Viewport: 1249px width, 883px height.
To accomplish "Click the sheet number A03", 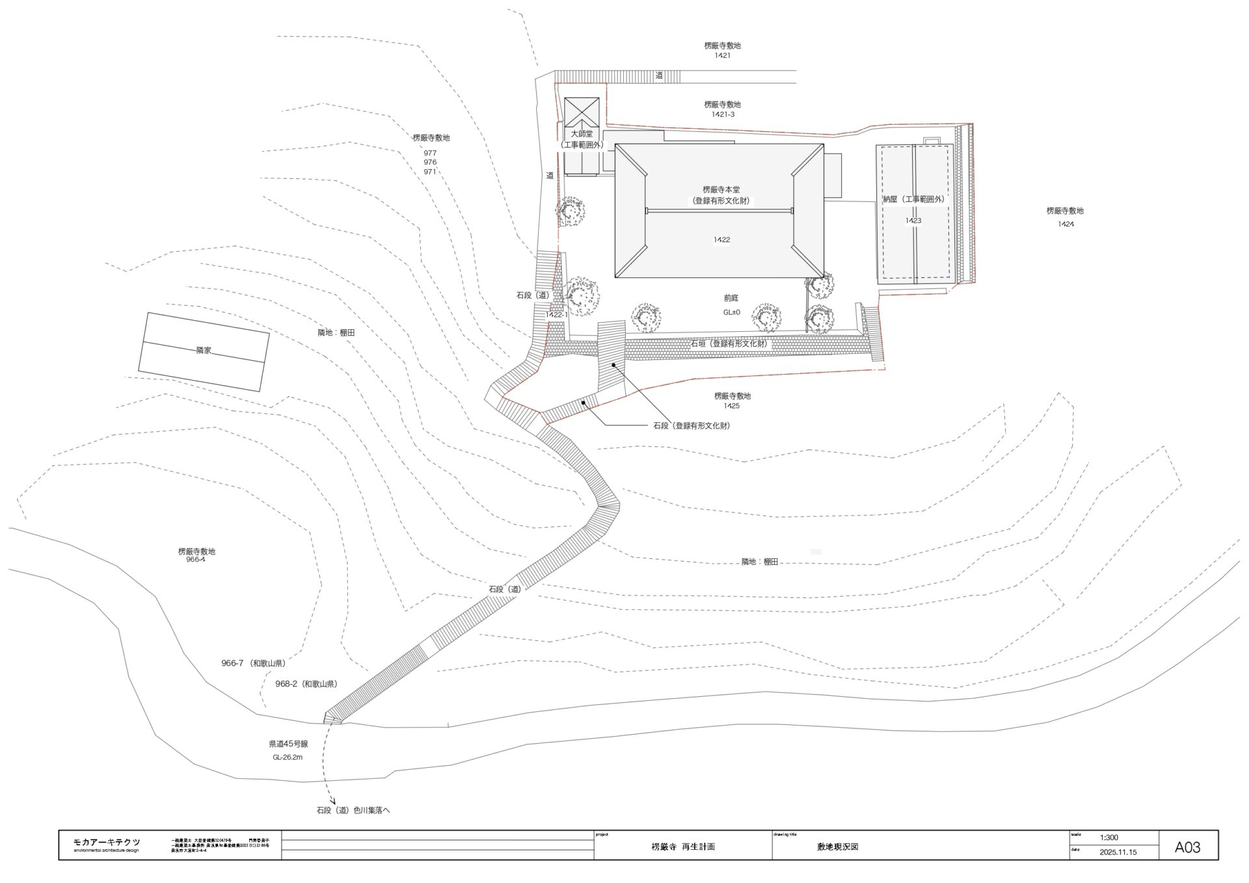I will tap(1187, 847).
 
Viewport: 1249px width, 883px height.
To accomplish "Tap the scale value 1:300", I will tap(1109, 837).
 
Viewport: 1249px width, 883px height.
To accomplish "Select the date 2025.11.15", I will tap(1118, 852).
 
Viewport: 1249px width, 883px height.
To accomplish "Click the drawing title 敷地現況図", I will tap(838, 847).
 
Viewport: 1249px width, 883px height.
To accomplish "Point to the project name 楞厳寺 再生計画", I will tap(683, 847).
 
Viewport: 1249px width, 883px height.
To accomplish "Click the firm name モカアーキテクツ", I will tap(107, 842).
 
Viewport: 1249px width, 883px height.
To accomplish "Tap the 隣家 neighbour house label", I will tap(204, 350).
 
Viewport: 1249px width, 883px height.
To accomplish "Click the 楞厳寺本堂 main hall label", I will tap(721, 190).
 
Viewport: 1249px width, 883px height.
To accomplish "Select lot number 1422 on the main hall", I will tap(721, 239).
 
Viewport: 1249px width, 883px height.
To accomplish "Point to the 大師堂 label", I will tap(582, 134).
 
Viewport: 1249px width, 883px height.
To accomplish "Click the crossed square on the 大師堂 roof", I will tap(582, 112).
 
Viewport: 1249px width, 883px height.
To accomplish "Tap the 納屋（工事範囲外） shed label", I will tap(913, 200).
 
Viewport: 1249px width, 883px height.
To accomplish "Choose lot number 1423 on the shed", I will tap(913, 221).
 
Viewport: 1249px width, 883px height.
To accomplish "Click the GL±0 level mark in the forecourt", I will tap(731, 312).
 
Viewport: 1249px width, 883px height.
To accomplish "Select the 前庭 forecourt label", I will tap(731, 298).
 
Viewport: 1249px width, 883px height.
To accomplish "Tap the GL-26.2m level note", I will tap(288, 757).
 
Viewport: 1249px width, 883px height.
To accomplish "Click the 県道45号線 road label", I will tap(288, 744).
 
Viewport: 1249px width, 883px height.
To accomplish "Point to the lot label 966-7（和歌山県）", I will tap(253, 664).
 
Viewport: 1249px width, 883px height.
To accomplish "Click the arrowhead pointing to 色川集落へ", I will tap(332, 802).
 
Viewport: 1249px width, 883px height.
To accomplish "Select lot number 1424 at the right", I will tap(1066, 224).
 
